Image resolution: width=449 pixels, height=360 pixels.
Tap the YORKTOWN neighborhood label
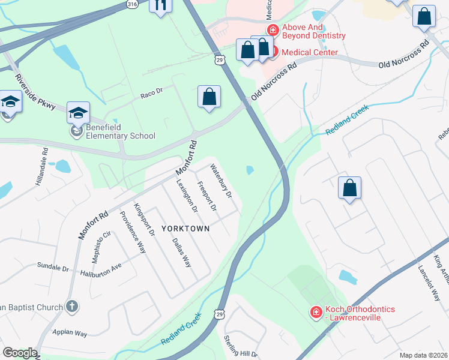coord(185,229)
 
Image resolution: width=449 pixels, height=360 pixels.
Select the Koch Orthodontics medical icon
coord(315,312)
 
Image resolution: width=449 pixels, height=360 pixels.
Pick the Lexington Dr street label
coord(187,197)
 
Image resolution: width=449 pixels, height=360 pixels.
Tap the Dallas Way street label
coord(181,252)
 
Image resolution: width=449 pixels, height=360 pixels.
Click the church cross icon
coord(71,307)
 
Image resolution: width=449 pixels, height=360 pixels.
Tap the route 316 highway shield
coord(132,4)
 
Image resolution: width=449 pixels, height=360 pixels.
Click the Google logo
coord(20,353)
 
